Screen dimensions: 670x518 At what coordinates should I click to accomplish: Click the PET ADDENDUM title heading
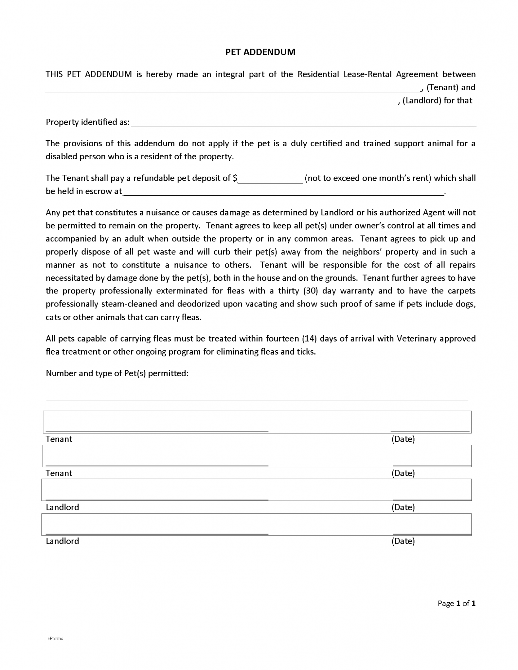[260, 52]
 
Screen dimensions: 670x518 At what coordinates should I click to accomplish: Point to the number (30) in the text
[310, 291]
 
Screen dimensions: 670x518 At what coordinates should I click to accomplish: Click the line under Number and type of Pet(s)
[257, 398]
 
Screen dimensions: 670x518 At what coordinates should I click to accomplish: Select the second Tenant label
[59, 473]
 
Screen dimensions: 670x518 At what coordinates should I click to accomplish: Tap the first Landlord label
[62, 507]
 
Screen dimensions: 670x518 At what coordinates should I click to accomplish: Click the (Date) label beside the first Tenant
[403, 439]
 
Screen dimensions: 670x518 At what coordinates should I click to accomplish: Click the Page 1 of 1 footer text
[456, 603]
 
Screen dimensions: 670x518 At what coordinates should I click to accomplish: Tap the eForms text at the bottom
[55, 638]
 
